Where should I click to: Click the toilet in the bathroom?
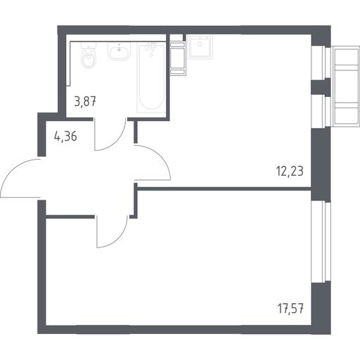click(x=89, y=56)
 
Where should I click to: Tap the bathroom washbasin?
click(x=119, y=51)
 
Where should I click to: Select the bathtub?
click(x=151, y=77)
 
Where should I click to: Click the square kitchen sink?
click(x=200, y=46)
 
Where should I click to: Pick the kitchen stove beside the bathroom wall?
click(x=178, y=58)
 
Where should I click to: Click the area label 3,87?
click(x=85, y=102)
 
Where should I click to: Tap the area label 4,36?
click(x=65, y=136)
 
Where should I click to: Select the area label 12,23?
click(x=290, y=171)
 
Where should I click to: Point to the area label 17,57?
click(x=290, y=309)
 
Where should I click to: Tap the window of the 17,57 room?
click(x=321, y=242)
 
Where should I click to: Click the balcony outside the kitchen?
click(x=347, y=86)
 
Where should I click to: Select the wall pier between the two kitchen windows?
click(x=321, y=87)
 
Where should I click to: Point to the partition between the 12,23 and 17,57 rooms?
click(x=224, y=188)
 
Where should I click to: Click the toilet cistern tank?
click(x=89, y=45)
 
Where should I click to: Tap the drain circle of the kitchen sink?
click(x=200, y=44)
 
